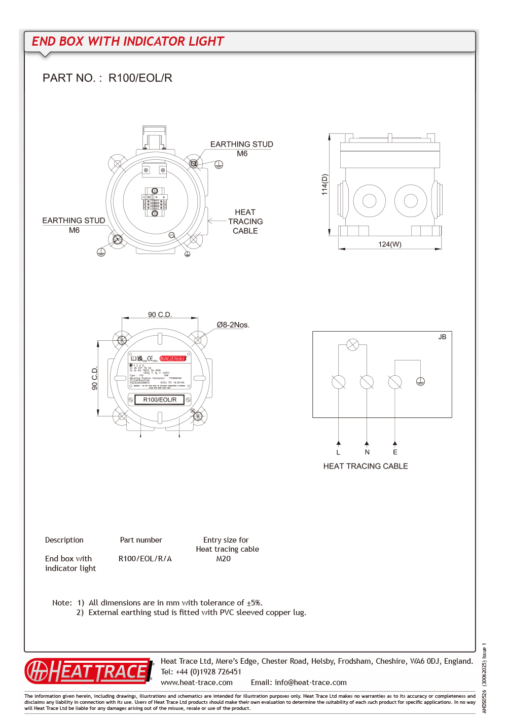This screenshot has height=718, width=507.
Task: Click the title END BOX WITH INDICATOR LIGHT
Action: click(x=128, y=42)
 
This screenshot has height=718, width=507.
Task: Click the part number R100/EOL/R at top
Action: click(x=140, y=78)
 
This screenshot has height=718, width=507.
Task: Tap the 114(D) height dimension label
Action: click(x=325, y=185)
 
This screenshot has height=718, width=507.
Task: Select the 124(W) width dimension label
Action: click(x=389, y=244)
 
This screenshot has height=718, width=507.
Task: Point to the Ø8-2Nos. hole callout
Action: click(x=233, y=325)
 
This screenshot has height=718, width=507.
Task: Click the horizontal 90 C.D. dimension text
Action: click(x=160, y=315)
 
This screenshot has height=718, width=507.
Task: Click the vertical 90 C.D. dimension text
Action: click(x=95, y=378)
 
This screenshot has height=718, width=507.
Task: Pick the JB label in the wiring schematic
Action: click(x=442, y=337)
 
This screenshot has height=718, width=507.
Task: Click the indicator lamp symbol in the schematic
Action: click(x=352, y=345)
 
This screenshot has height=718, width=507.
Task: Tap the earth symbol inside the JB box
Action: click(x=420, y=381)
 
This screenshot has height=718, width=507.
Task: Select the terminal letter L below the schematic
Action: click(x=338, y=452)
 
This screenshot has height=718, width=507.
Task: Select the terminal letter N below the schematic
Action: click(x=367, y=452)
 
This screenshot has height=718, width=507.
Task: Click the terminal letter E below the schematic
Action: click(x=395, y=452)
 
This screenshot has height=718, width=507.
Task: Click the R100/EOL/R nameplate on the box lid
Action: click(x=160, y=400)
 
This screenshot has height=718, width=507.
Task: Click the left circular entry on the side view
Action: click(x=370, y=201)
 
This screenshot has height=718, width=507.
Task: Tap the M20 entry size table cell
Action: click(x=223, y=559)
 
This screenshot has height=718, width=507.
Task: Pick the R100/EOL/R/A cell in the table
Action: click(x=145, y=559)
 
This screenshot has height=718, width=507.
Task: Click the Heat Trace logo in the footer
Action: click(x=89, y=671)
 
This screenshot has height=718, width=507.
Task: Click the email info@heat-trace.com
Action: click(x=310, y=683)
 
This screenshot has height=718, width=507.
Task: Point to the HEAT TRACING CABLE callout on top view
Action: click(x=245, y=222)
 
